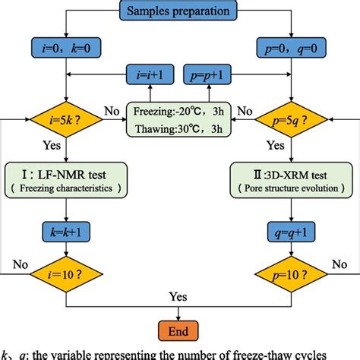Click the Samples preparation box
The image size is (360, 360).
tap(179, 12)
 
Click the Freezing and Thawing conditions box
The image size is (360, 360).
tap(179, 119)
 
